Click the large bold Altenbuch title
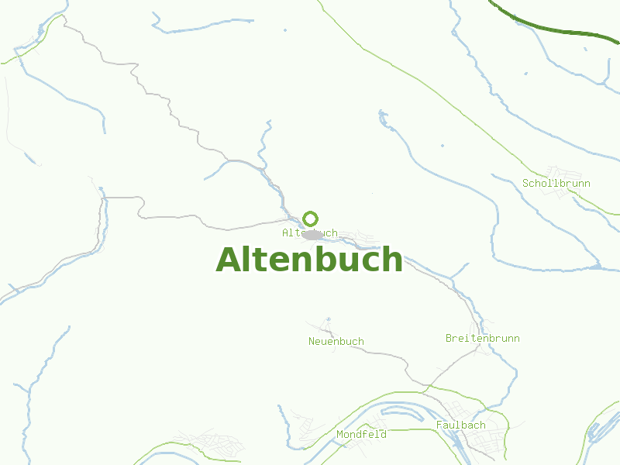click(x=309, y=260)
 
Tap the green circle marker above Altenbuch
click(x=310, y=219)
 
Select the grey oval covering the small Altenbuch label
click(x=312, y=234)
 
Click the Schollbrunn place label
click(x=556, y=184)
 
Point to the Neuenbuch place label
click(x=336, y=342)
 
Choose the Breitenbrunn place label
click(x=482, y=339)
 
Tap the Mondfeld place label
click(x=361, y=435)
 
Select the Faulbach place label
click(x=460, y=425)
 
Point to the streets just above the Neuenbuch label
click(x=325, y=326)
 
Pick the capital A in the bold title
click(x=229, y=260)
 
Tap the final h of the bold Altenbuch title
click(x=392, y=260)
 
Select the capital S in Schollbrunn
click(x=525, y=184)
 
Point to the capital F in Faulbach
click(x=439, y=425)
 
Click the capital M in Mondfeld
click(x=339, y=435)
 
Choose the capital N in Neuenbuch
click(x=312, y=342)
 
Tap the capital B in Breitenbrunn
click(x=449, y=339)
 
